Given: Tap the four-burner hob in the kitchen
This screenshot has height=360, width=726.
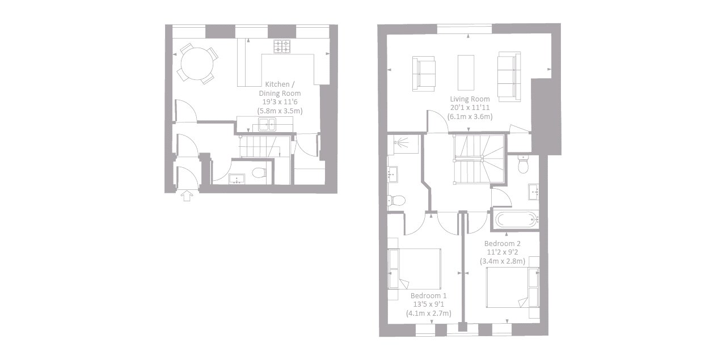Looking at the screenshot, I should point(282,46).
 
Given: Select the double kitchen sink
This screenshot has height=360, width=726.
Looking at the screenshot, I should point(266,125).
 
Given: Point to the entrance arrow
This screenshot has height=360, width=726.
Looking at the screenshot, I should point(187,196).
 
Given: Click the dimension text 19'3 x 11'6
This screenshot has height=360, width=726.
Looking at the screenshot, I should point(280,102).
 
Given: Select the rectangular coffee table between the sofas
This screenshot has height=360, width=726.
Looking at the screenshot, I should point(466,72).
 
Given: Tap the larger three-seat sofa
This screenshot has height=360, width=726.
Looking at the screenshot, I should point(509,74).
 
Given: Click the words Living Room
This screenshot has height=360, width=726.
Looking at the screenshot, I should point(470,99).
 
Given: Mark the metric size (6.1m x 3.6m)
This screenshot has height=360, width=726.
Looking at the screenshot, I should point(470,116).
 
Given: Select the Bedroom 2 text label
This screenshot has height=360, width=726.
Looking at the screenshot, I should point(503,244).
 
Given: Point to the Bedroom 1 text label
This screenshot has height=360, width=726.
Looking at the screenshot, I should point(429,296).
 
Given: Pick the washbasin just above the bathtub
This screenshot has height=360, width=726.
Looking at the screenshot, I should point(534,193).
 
